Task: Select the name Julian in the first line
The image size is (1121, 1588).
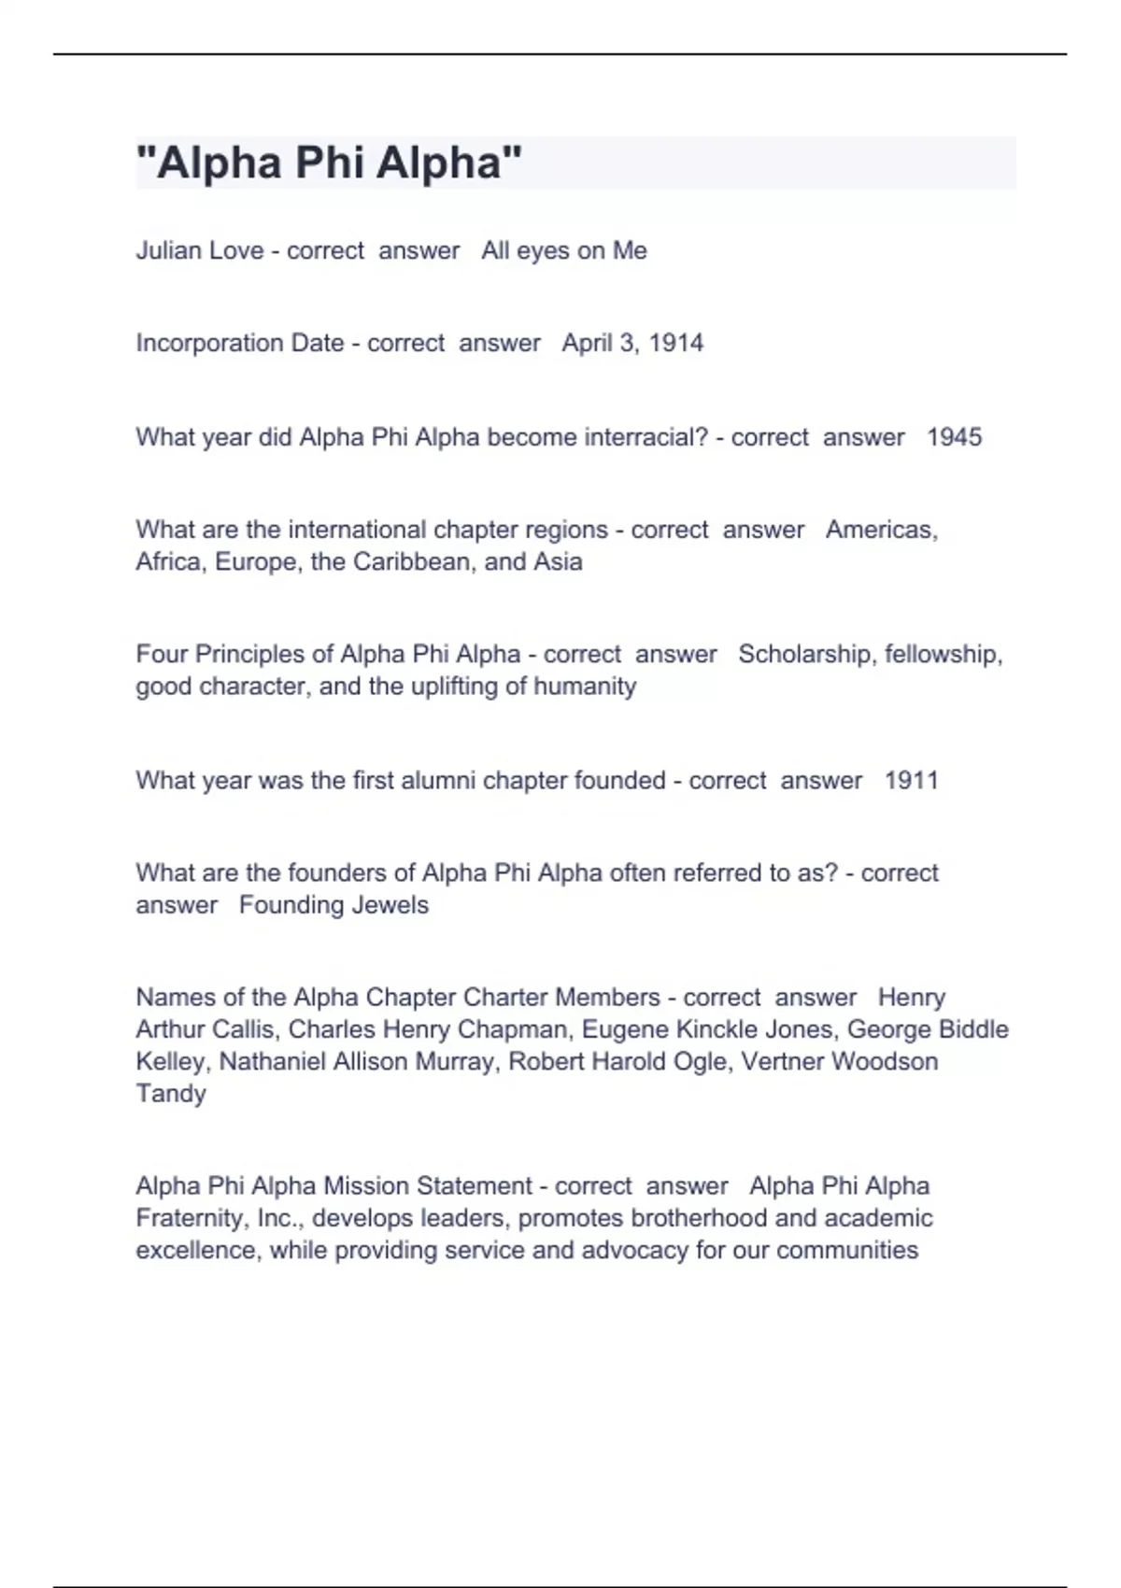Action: (168, 250)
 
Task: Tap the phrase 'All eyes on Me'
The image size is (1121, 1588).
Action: (564, 250)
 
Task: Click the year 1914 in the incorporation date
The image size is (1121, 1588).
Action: (675, 343)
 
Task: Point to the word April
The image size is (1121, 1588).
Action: (587, 343)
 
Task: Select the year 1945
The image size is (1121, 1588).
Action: (954, 437)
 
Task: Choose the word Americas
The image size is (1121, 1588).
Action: (881, 530)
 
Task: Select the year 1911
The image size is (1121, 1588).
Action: (911, 780)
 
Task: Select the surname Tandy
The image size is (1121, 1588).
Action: (171, 1093)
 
